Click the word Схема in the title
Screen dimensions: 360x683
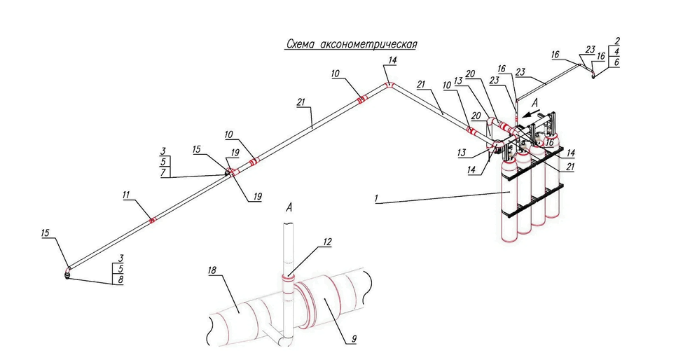click(x=300, y=44)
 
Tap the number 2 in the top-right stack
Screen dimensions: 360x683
click(x=617, y=41)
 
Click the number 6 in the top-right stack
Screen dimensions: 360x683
click(x=617, y=62)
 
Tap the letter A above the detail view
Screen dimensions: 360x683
click(x=289, y=208)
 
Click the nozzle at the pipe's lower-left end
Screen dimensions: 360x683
click(x=67, y=274)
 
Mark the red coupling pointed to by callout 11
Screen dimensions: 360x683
click(x=152, y=220)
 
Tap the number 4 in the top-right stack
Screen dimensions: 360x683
click(x=617, y=51)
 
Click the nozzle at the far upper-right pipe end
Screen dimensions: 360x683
click(x=593, y=75)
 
